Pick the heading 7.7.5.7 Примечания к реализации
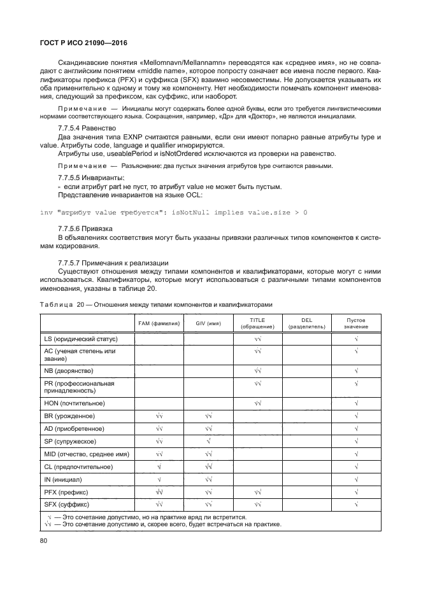(104, 263)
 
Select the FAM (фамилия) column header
(159, 323)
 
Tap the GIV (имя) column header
(208, 323)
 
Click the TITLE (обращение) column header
(257, 323)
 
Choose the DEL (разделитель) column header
(306, 323)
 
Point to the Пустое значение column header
(356, 323)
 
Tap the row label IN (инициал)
(68, 479)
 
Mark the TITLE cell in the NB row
(257, 370)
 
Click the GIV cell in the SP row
(208, 441)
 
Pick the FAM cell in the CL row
(159, 466)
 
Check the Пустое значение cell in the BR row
(356, 416)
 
